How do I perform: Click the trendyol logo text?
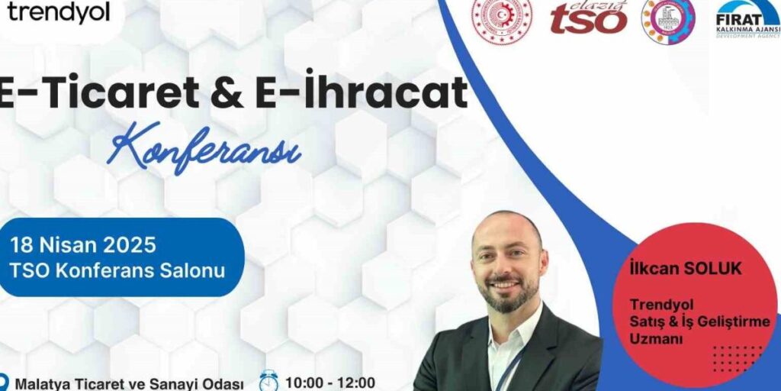tap(59, 12)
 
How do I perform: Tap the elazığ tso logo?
tap(589, 18)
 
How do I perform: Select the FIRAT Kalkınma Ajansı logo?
tap(748, 18)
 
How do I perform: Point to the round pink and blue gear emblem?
tap(667, 20)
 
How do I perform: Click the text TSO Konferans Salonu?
tap(117, 270)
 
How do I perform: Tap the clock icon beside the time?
tap(269, 380)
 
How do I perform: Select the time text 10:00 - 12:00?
tap(330, 382)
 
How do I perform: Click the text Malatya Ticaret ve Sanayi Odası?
tap(130, 383)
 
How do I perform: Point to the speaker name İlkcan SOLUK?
tap(686, 269)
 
